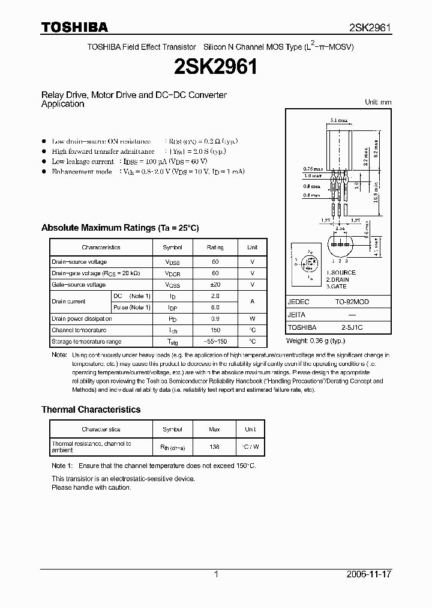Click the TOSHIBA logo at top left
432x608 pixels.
click(x=74, y=27)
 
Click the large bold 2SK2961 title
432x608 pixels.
click(x=215, y=67)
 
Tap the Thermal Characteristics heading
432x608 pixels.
click(x=91, y=409)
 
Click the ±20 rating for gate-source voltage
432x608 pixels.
click(x=215, y=285)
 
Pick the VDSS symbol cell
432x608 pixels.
click(x=172, y=262)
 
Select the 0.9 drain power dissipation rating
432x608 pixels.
click(x=215, y=318)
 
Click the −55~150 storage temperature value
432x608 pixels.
click(x=215, y=341)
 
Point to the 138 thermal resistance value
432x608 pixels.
click(x=215, y=447)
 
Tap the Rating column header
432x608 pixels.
click(x=215, y=247)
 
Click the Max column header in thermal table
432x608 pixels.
click(x=215, y=430)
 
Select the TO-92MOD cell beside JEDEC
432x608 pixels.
click(x=352, y=302)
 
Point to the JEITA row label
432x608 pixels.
click(x=296, y=315)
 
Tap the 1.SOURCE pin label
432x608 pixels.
click(x=341, y=273)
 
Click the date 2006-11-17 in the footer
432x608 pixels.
click(x=369, y=574)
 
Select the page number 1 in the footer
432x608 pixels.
click(x=216, y=574)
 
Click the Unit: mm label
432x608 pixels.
click(x=378, y=102)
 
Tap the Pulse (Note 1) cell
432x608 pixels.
click(x=131, y=307)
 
